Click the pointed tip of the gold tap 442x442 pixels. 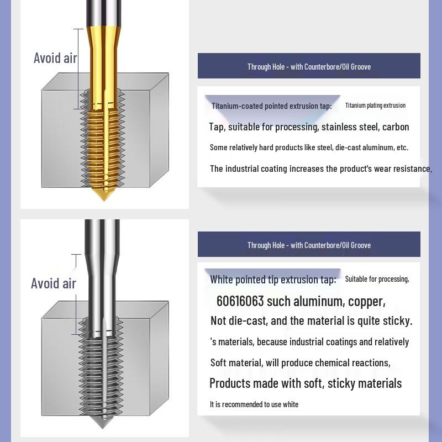(104, 201)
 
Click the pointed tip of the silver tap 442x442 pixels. (102, 428)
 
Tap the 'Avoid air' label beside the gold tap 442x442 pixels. (55, 58)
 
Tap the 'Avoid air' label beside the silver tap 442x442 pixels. (54, 283)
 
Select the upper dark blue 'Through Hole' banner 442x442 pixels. (309, 66)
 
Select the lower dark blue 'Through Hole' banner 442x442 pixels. (309, 244)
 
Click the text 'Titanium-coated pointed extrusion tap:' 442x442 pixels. (272, 106)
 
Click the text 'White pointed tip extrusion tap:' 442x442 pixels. (273, 280)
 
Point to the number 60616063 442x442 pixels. (240, 301)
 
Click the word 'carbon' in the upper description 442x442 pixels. (396, 127)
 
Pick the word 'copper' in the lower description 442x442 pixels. (366, 302)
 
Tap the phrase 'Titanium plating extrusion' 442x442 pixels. (375, 106)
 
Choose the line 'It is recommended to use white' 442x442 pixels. (254, 404)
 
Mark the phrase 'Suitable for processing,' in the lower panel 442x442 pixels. (377, 279)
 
